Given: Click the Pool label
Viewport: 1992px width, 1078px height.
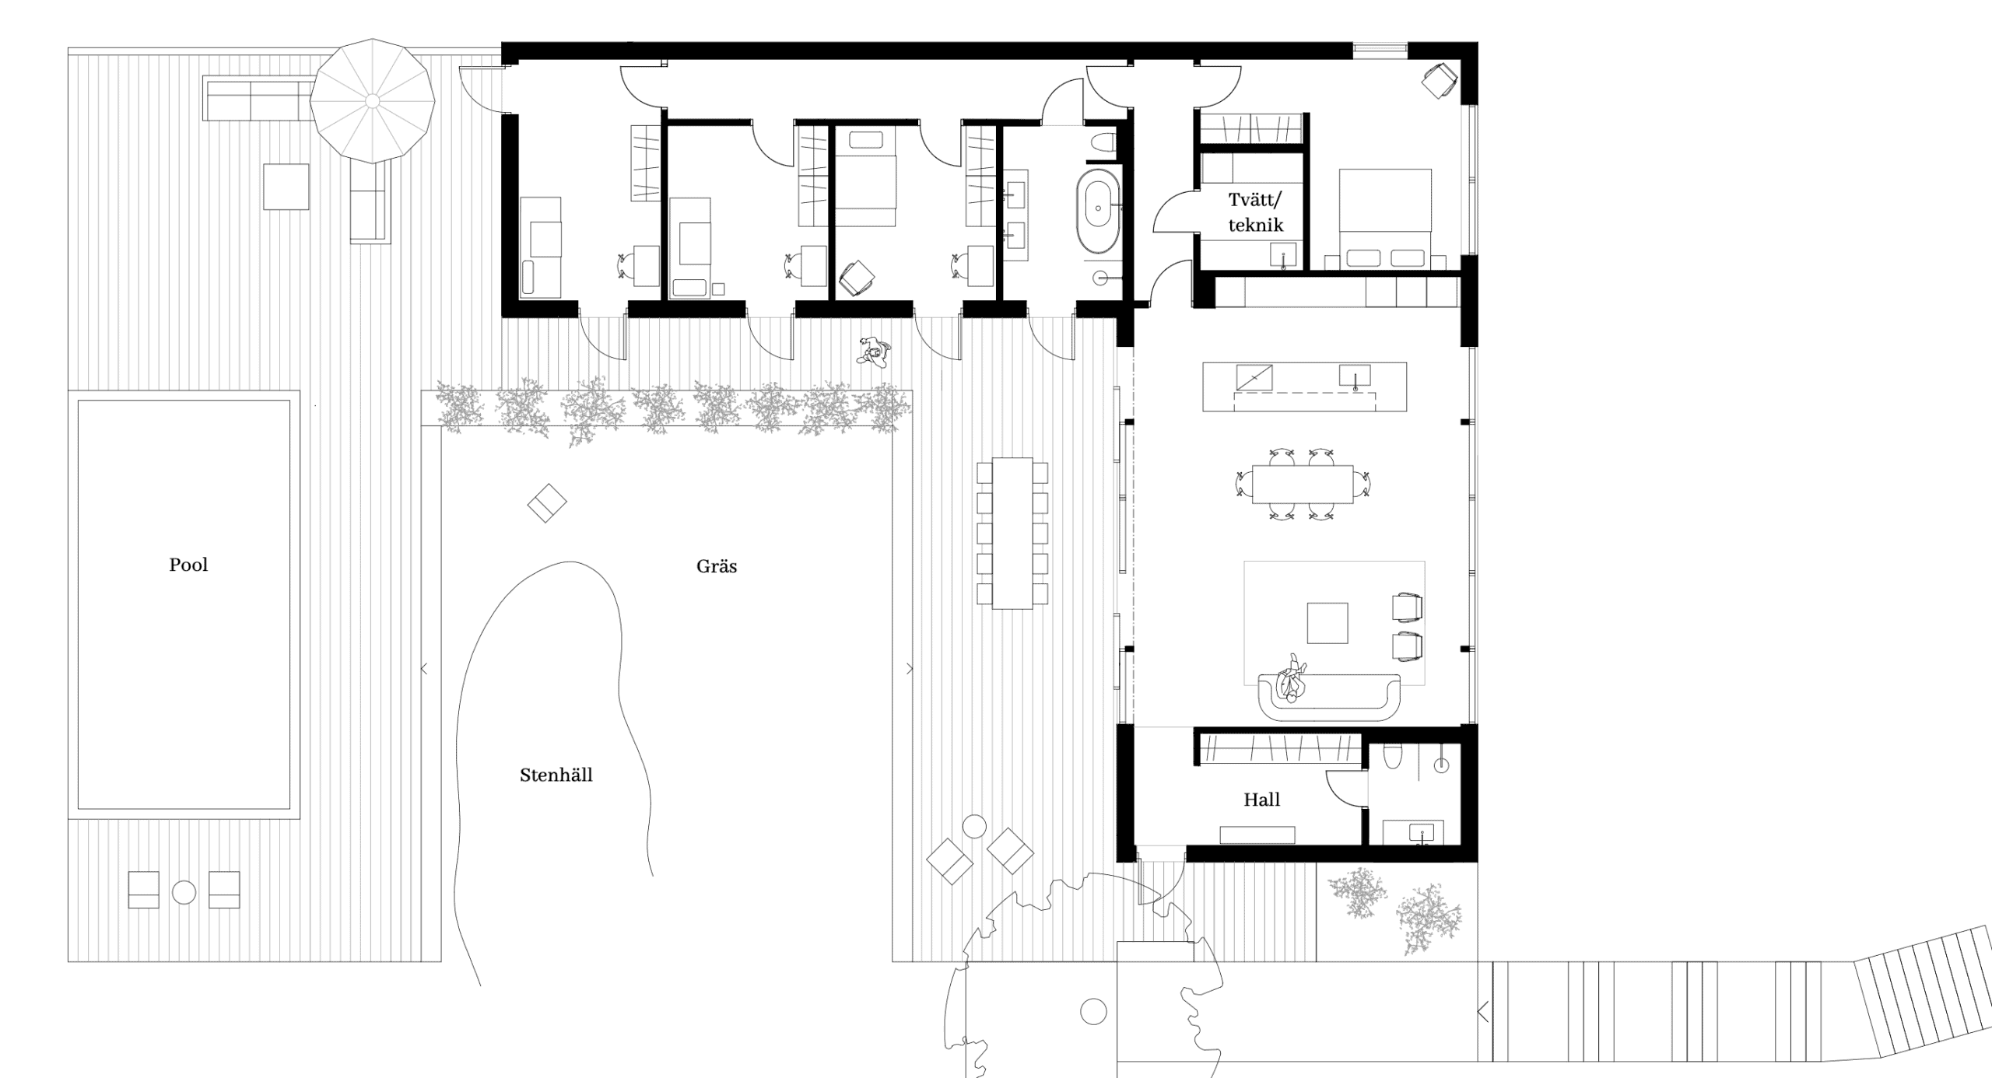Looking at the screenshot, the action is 188,565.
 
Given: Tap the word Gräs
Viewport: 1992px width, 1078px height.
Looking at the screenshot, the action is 717,566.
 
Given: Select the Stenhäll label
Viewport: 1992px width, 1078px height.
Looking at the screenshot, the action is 556,775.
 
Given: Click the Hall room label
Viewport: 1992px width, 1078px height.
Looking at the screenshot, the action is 1261,800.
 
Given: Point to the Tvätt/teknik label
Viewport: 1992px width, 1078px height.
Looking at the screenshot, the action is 1255,212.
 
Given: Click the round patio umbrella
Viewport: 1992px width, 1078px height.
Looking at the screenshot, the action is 373,101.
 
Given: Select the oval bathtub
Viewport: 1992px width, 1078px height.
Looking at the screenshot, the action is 1098,211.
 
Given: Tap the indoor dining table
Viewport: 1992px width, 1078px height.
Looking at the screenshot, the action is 1303,485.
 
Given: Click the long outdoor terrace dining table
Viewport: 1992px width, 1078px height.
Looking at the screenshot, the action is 1012,533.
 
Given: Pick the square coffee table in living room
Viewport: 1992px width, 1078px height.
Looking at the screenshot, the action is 1327,623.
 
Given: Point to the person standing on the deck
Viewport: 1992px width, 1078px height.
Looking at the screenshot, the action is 875,352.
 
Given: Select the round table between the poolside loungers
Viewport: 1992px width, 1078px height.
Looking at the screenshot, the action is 184,892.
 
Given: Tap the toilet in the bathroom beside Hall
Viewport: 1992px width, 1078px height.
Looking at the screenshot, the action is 1393,756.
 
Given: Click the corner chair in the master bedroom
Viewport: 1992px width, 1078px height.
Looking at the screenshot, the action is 1440,81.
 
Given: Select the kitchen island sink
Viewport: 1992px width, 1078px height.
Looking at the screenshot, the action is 1355,376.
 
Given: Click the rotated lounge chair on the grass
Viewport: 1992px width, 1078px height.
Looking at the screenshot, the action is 547,503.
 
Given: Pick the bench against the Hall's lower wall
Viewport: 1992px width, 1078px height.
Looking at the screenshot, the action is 1257,835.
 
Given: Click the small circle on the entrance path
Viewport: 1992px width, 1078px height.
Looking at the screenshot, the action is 1093,1012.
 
